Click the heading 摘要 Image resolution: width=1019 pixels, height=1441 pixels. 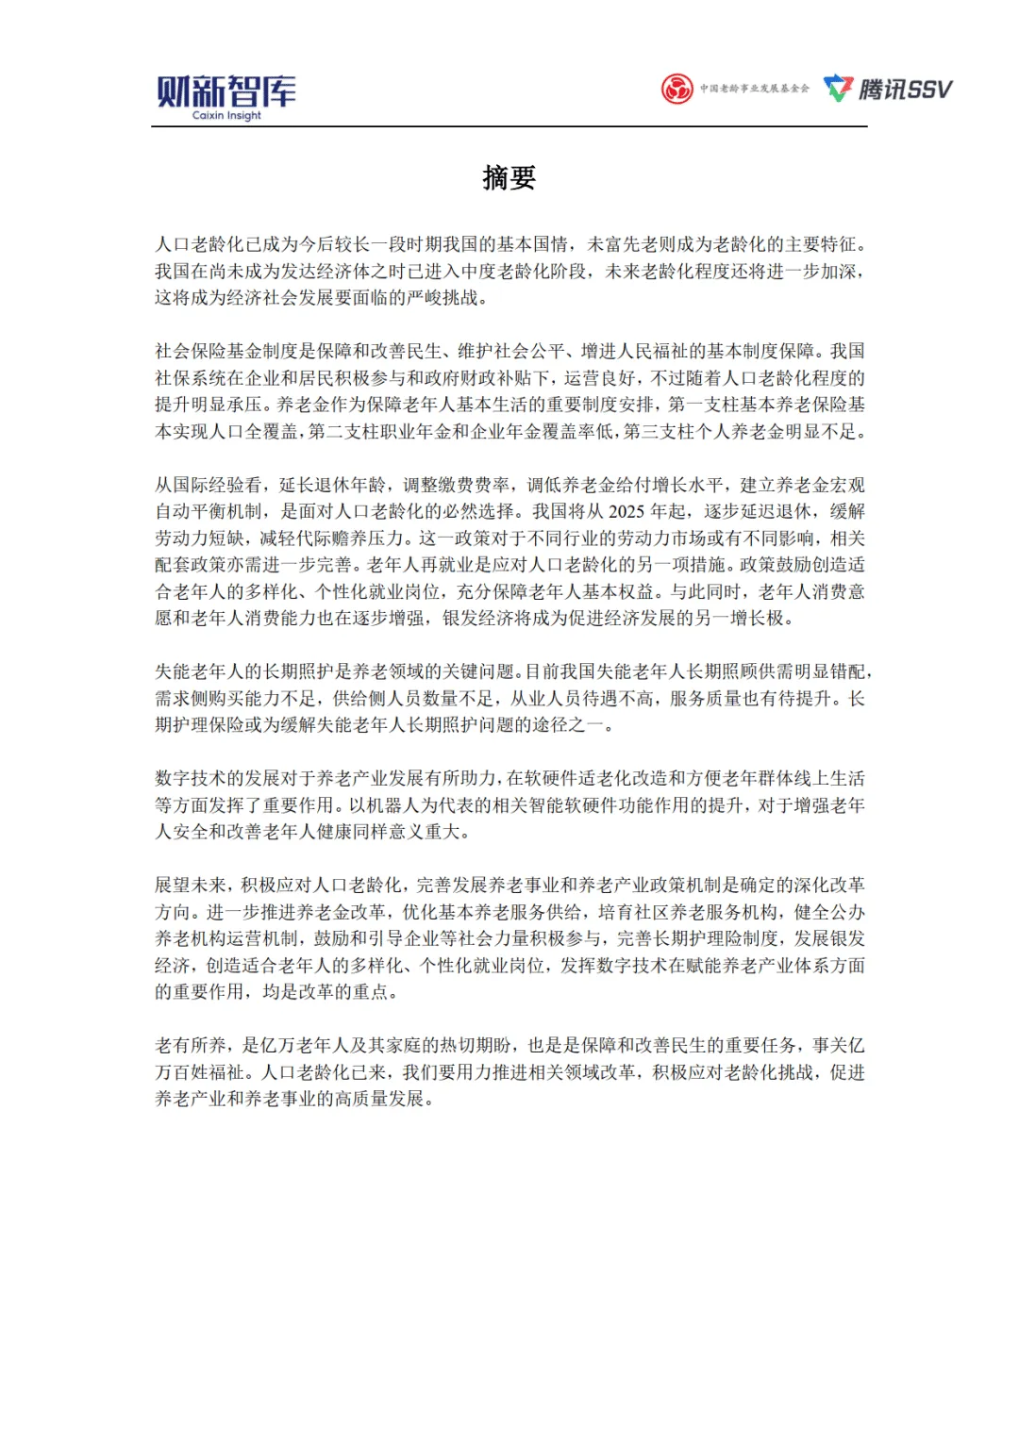tap(509, 177)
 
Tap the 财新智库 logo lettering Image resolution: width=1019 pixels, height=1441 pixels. tap(226, 91)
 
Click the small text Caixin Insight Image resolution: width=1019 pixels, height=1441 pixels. tap(226, 116)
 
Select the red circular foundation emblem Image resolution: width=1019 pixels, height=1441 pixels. tap(677, 89)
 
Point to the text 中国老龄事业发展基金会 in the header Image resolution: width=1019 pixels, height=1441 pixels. tap(754, 89)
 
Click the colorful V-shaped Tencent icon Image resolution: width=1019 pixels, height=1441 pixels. tap(838, 89)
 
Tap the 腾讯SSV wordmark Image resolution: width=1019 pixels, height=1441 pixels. tap(905, 89)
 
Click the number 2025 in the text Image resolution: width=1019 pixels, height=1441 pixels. tap(626, 511)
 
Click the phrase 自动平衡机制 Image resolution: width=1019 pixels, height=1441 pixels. tap(209, 511)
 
